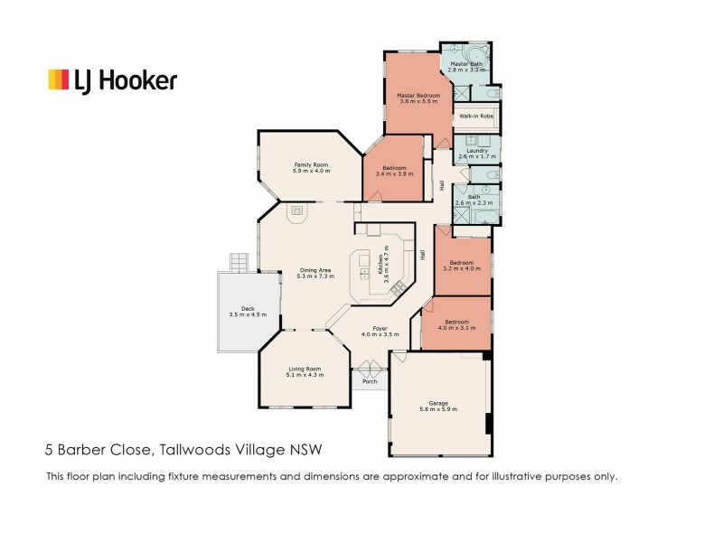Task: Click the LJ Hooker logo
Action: click(x=112, y=80)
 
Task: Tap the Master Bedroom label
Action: click(x=418, y=98)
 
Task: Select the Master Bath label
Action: click(x=467, y=67)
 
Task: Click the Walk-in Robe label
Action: click(x=475, y=117)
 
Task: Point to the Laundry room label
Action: click(x=476, y=154)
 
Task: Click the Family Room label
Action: click(x=310, y=167)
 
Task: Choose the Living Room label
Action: click(x=305, y=371)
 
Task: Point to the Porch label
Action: click(x=369, y=381)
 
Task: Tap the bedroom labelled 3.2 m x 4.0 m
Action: click(x=463, y=265)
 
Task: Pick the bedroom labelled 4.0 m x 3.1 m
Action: click(x=456, y=324)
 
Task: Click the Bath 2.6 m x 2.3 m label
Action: click(x=474, y=200)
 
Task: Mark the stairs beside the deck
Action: click(x=238, y=263)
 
